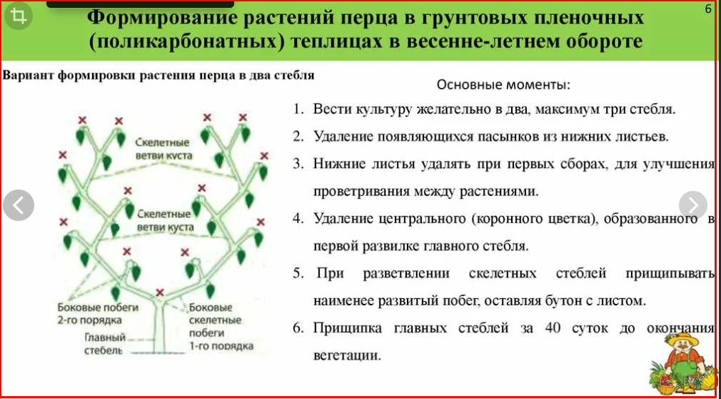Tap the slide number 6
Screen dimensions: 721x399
707,9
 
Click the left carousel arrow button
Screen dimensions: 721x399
19,205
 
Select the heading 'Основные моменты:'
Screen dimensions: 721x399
503,84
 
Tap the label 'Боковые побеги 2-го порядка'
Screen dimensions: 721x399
96,313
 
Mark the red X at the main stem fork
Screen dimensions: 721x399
160,292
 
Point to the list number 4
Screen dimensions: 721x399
298,220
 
